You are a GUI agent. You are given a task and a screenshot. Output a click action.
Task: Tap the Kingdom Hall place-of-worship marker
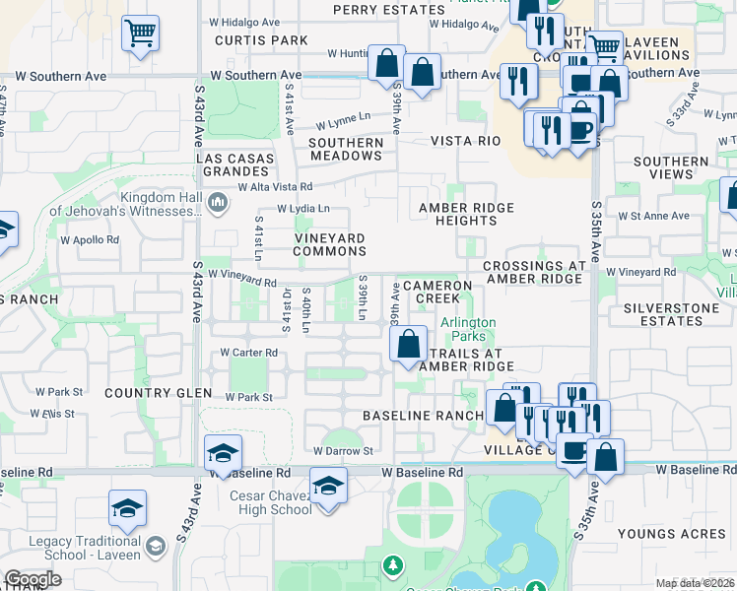coord(219,204)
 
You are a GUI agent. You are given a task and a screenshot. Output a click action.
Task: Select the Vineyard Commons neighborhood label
coord(331,245)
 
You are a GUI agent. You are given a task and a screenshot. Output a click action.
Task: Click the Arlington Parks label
coord(468,329)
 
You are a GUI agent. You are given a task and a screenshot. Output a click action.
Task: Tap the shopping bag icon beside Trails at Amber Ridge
coord(408,344)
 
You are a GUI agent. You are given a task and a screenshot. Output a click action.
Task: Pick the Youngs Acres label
coord(658,535)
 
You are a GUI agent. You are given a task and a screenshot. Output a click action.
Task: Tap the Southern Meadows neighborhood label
coord(346,150)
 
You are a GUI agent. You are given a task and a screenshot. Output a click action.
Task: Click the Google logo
coord(33,579)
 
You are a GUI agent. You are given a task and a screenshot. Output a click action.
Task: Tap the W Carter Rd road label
coord(249,352)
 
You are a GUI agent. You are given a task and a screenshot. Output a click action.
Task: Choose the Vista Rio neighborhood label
coord(465,142)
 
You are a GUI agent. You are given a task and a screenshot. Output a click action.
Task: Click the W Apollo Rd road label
coord(90,239)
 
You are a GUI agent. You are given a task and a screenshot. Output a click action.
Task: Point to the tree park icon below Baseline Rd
coord(393,565)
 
